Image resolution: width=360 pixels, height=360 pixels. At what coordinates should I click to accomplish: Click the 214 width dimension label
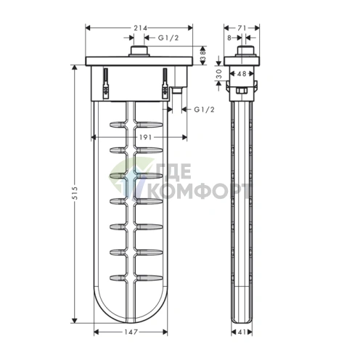(141, 28)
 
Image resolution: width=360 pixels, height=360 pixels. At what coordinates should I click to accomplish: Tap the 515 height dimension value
(75, 193)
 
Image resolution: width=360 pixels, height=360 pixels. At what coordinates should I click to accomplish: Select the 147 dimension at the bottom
(131, 332)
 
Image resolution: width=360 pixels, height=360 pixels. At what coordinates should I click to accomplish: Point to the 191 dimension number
(145, 137)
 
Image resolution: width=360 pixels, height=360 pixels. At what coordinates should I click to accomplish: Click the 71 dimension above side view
(242, 28)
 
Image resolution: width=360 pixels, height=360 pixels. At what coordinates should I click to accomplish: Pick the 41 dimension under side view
(242, 332)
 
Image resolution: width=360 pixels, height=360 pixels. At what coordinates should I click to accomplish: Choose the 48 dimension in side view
(242, 73)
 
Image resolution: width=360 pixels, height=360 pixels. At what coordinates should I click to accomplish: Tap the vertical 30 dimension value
(219, 74)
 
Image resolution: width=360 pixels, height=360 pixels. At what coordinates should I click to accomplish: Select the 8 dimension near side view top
(229, 38)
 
